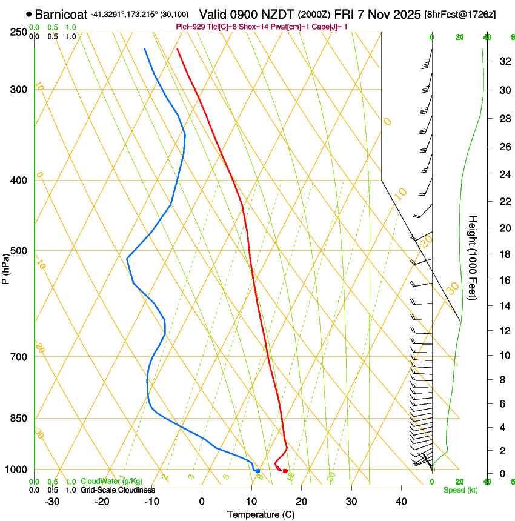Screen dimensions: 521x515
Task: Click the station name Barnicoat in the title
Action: point(61,14)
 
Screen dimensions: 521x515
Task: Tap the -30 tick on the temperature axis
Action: point(52,502)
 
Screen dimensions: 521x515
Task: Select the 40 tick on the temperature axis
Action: point(401,502)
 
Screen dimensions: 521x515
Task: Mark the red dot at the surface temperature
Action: point(285,471)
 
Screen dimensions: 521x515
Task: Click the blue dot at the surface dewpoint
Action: point(257,471)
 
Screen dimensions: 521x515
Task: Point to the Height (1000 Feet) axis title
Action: point(473,257)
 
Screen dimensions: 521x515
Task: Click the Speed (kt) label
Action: point(460,490)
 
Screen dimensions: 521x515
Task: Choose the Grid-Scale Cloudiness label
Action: point(118,490)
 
